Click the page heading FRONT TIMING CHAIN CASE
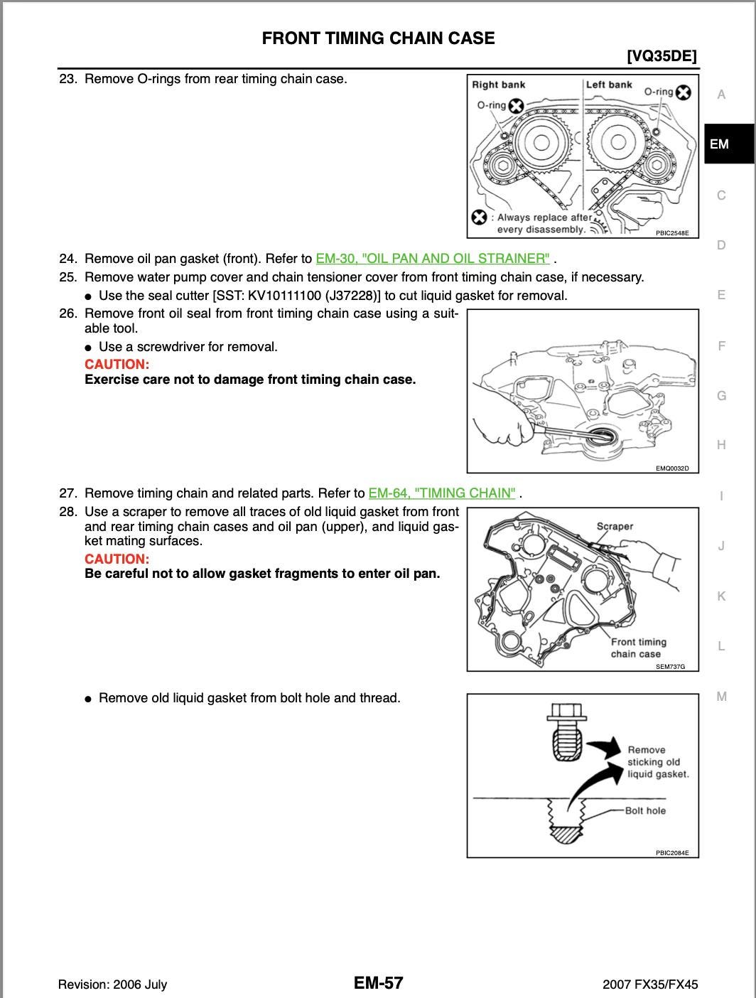click(x=378, y=38)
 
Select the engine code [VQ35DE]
click(x=661, y=56)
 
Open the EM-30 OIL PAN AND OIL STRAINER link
click(x=433, y=259)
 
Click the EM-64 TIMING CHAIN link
click(x=442, y=493)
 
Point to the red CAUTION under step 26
click(x=117, y=365)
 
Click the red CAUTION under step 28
click(x=117, y=559)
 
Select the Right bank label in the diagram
click(x=498, y=85)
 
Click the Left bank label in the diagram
click(x=609, y=85)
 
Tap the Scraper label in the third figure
click(x=614, y=527)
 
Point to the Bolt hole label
click(x=645, y=811)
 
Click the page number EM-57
click(x=378, y=983)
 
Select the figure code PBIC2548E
click(x=671, y=233)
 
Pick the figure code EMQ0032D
click(x=671, y=468)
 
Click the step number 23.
click(x=67, y=79)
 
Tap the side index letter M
click(x=721, y=697)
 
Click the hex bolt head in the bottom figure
click(x=567, y=713)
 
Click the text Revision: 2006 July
click(x=112, y=984)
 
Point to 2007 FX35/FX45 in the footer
click(x=650, y=984)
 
